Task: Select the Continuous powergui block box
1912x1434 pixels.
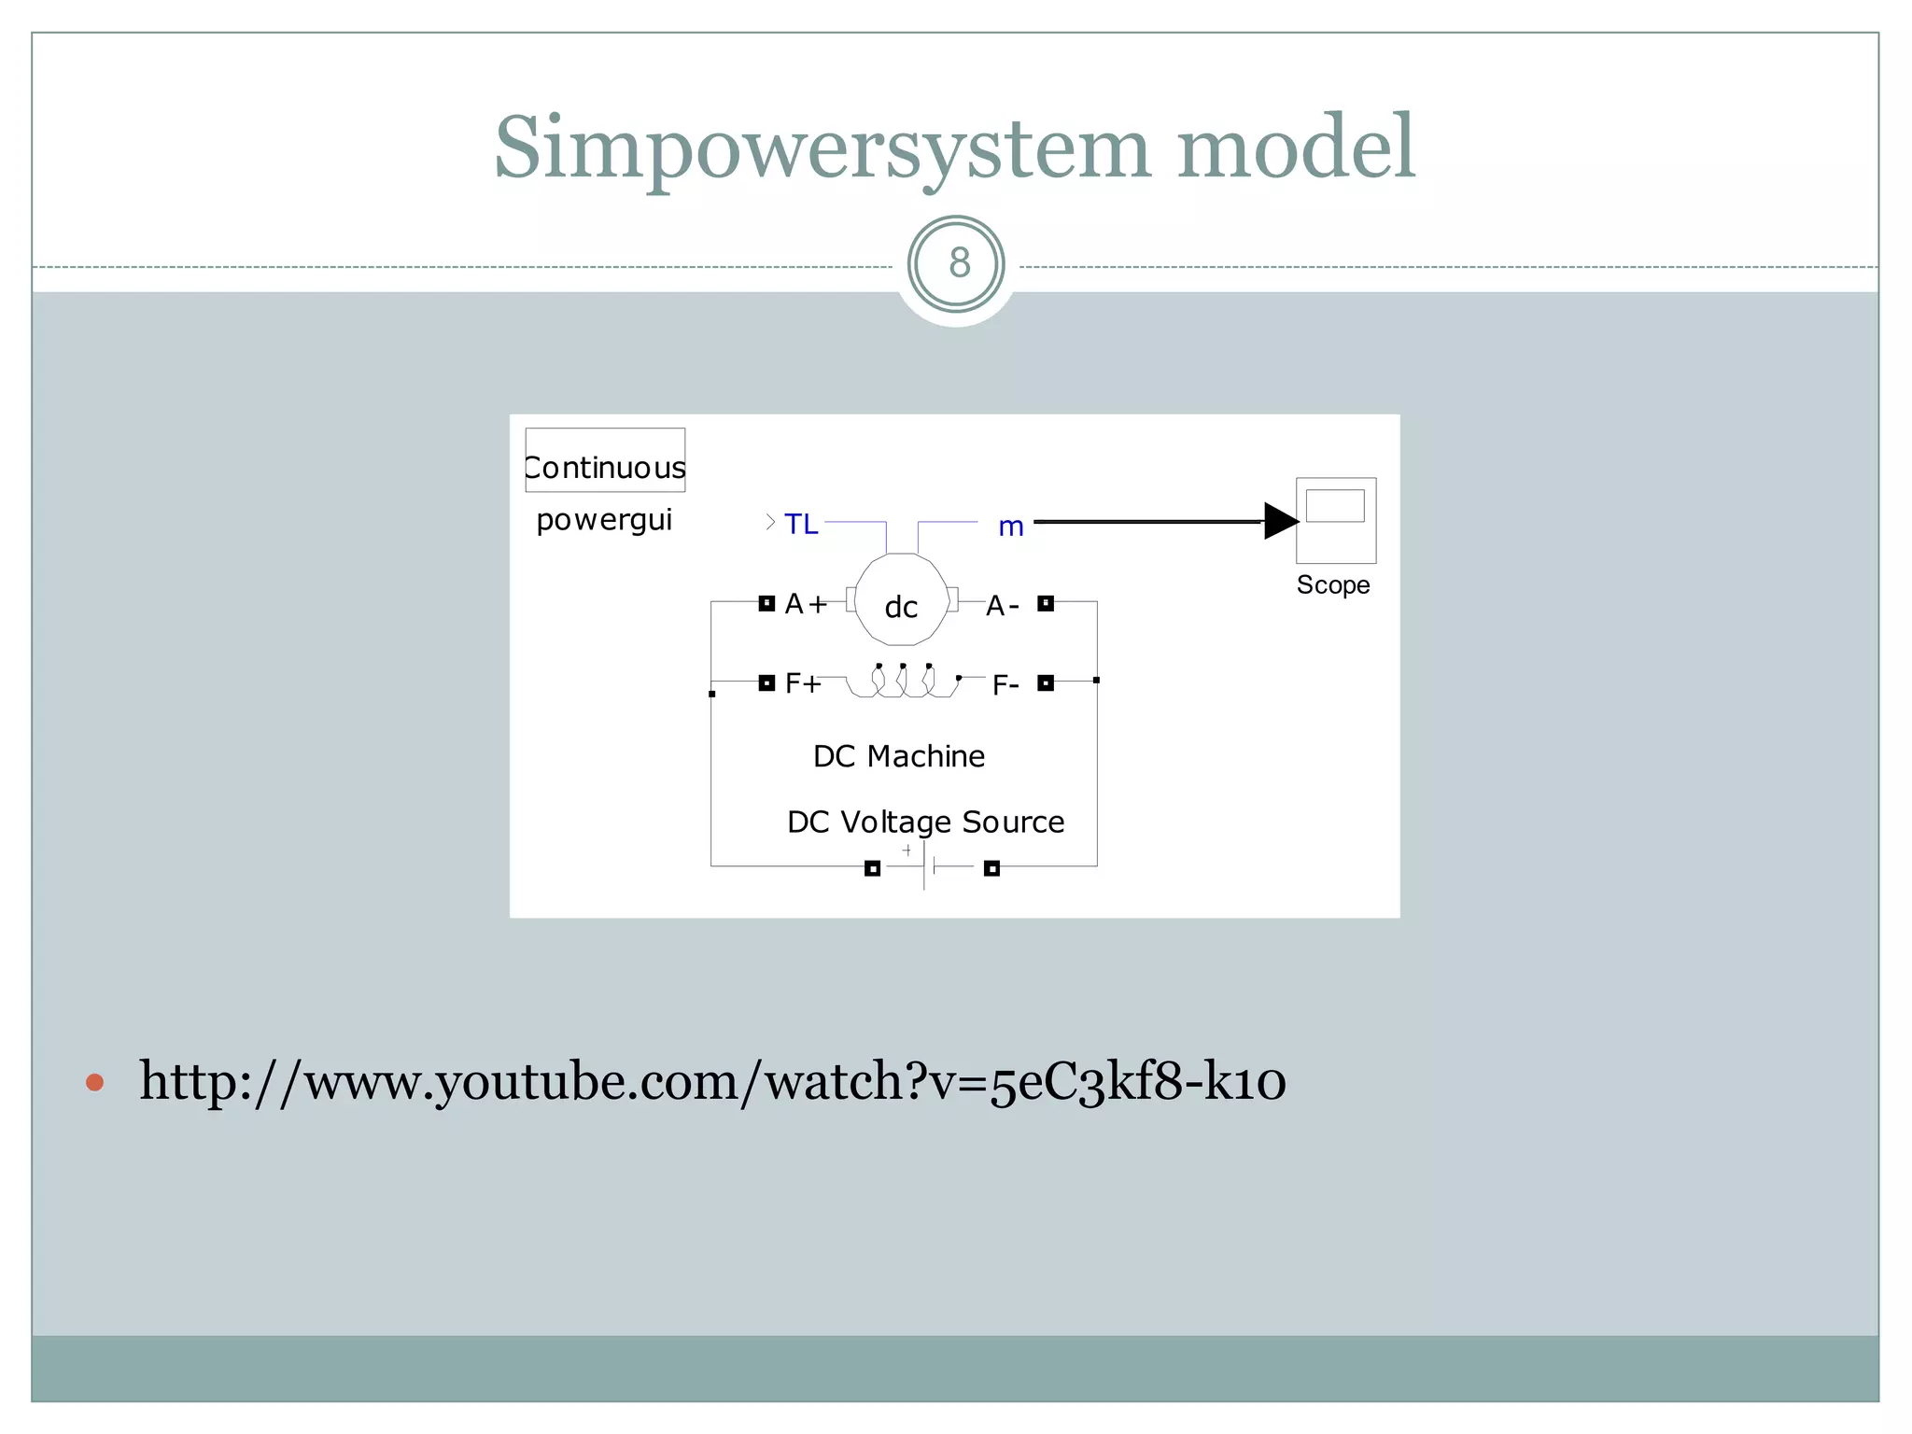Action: coord(605,460)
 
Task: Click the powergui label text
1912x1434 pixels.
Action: coord(604,520)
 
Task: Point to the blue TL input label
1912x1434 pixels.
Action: coord(801,524)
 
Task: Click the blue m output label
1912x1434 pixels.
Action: coord(1011,527)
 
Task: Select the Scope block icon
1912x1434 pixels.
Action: coord(1336,520)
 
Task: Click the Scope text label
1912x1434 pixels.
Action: coord(1333,585)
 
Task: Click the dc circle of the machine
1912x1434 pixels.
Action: coord(901,600)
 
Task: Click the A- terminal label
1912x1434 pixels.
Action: coord(1002,607)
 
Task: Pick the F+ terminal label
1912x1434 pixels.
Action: coord(803,683)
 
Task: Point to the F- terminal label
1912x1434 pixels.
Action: coord(1005,686)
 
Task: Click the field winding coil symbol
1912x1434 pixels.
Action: coord(903,682)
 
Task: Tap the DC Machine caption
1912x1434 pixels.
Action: coord(899,756)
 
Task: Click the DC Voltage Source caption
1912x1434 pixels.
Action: coord(925,822)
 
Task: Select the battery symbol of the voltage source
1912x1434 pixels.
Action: coord(926,866)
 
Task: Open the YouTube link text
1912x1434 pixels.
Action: coord(712,1081)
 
